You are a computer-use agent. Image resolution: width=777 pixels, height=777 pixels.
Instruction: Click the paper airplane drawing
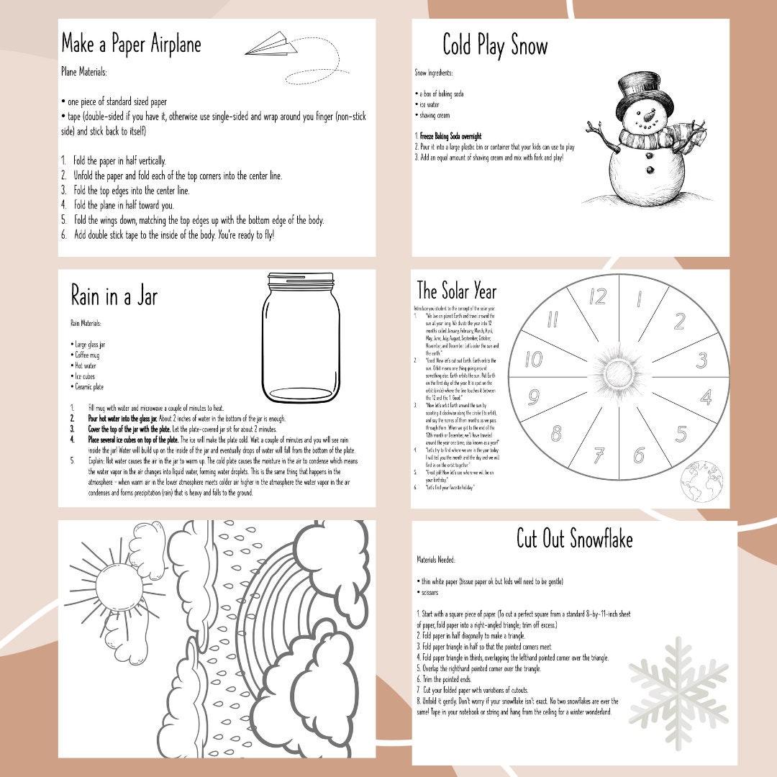[x=271, y=45]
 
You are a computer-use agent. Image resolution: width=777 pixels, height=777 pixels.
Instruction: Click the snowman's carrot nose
[x=650, y=115]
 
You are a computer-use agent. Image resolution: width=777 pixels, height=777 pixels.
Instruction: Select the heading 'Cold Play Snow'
[x=495, y=45]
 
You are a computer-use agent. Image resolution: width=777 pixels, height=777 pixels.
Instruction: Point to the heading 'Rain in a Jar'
[x=114, y=296]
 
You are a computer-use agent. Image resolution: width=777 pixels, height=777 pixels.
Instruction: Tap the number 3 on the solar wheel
[x=701, y=360]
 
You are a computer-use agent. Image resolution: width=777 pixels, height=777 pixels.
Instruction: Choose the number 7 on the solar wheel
[x=599, y=455]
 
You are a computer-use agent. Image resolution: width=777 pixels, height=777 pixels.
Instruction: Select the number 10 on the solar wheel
[x=533, y=358]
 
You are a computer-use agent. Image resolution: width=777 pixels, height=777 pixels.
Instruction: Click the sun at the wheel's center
[x=619, y=376]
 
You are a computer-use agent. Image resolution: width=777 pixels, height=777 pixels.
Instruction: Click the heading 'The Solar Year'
[x=457, y=291]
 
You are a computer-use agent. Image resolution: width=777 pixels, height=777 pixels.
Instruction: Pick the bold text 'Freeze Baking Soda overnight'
[x=450, y=136]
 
